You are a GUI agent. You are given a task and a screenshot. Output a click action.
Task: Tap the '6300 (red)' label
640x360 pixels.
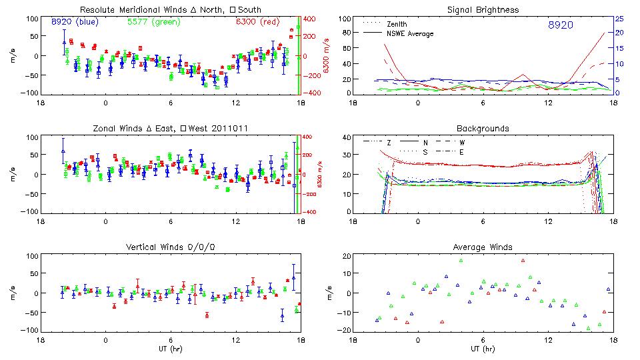tap(257, 21)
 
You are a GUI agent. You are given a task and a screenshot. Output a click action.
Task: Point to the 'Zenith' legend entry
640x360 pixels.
tap(397, 24)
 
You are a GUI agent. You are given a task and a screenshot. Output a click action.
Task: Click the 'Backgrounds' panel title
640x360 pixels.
tap(483, 128)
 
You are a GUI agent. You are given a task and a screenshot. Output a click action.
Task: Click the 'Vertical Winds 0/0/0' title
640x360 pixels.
tap(170, 247)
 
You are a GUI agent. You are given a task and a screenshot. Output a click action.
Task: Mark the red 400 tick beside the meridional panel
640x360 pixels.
tap(309, 19)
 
